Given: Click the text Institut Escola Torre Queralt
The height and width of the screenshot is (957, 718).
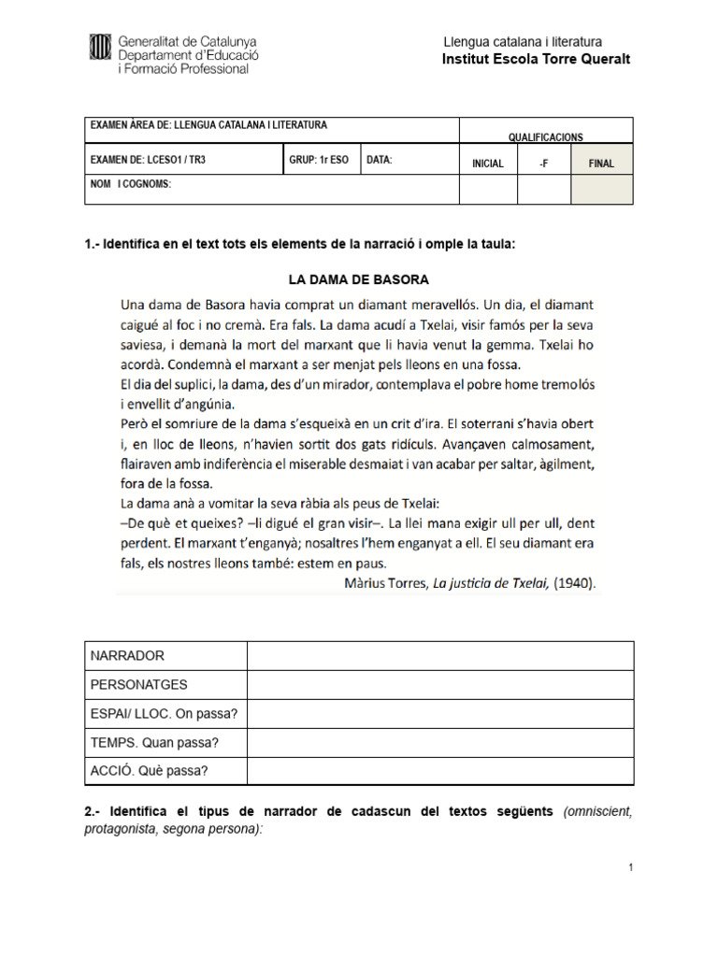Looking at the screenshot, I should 536,60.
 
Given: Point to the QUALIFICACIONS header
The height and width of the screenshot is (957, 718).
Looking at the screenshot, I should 545,136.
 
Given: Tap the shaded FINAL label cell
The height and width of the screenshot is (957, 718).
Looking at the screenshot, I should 601,163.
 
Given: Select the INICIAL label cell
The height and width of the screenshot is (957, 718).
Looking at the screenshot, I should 488,163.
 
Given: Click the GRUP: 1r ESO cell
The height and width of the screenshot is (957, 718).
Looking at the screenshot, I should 319,160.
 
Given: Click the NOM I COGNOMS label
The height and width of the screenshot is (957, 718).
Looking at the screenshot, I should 131,184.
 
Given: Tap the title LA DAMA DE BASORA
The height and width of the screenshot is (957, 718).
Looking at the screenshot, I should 358,279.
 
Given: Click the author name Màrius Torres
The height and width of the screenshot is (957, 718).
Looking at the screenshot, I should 383,584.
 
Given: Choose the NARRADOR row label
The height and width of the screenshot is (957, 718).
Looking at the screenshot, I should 127,655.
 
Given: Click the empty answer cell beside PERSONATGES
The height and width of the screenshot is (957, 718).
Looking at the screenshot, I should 439,684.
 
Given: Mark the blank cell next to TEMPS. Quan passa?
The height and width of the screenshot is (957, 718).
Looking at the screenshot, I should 439,742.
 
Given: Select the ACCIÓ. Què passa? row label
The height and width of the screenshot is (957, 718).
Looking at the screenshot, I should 150,771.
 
